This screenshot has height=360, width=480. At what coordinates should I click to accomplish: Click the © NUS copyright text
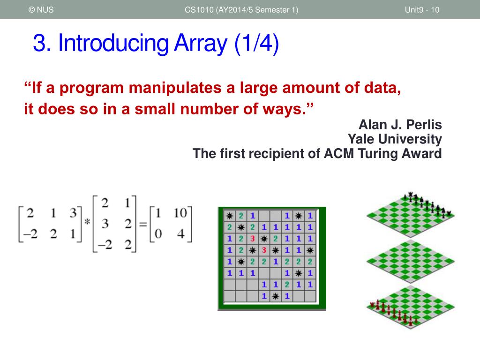point(41,10)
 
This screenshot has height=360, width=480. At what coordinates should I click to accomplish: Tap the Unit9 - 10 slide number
point(422,10)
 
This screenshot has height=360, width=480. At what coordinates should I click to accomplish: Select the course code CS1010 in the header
point(199,10)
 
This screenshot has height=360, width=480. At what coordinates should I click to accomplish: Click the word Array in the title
point(201,44)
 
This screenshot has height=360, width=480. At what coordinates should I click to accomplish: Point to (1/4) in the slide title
point(256,43)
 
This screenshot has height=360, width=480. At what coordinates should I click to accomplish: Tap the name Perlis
point(424,125)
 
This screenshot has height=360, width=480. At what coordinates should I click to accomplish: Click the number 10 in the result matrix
point(180,213)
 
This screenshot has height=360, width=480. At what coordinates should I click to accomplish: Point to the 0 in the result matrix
point(158,234)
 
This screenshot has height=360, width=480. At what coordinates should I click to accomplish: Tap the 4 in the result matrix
point(180,234)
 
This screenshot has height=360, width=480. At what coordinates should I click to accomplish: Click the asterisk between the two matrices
point(87,221)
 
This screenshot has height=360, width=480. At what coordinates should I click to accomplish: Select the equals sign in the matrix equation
point(142,225)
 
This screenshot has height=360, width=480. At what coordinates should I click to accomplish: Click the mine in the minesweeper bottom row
point(276,296)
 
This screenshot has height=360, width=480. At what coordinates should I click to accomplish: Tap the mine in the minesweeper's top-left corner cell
point(229,216)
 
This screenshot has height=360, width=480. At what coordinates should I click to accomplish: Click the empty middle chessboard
point(411,261)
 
